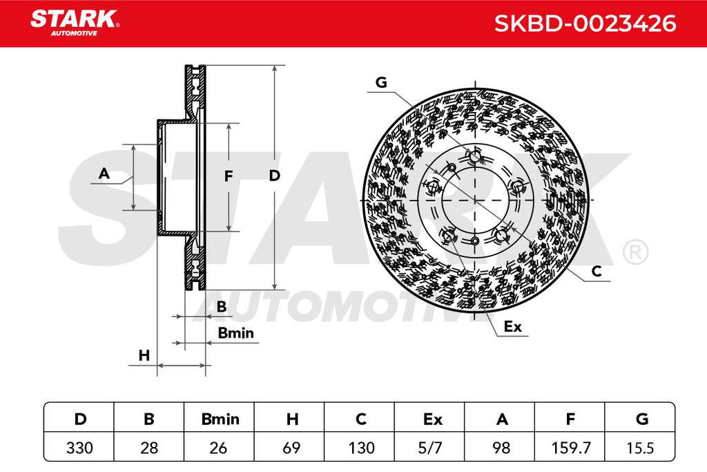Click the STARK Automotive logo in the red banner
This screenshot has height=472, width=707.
pos(75,23)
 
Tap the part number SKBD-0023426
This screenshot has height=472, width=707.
pos(585,23)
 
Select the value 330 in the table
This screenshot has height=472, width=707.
pos(79,448)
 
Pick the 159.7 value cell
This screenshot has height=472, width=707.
pos(571,448)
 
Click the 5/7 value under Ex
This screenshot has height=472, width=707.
pos(430,448)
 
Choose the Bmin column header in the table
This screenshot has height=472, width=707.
pos(220,419)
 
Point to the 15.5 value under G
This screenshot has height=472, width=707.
pos(640,448)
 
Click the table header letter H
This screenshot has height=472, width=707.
pos(292,419)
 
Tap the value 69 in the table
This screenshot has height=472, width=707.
pos(291,448)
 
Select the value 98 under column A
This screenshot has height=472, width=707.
pos(501,448)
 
